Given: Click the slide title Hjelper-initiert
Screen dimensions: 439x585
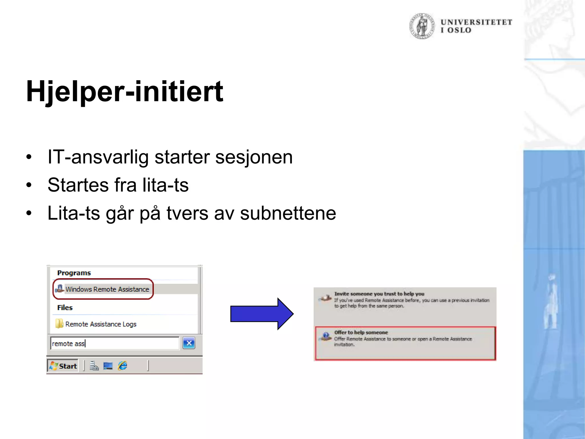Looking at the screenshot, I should tap(125, 91).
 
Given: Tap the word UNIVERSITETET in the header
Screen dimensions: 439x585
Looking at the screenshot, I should tap(476, 22).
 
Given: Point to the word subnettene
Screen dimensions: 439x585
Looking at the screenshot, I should tap(288, 213).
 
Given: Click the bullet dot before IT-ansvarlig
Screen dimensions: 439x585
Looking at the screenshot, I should tap(29, 157).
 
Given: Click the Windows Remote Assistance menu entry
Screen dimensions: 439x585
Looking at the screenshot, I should tap(107, 289).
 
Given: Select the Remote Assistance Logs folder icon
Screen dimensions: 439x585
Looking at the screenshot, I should tap(59, 324).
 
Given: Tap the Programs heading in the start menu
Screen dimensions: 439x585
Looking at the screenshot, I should tap(74, 273).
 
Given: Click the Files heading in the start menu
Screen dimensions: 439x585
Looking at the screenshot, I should tap(65, 308).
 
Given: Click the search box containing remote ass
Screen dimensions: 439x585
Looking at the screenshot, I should tap(115, 343).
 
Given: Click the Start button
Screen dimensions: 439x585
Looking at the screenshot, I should tap(63, 366).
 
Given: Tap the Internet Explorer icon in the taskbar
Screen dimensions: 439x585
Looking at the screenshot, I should tap(123, 366).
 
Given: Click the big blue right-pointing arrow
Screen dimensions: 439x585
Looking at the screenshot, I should tap(261, 314).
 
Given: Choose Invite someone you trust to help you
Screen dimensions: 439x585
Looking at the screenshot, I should tap(379, 294).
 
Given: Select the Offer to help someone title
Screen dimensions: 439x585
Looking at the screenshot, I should tap(361, 332).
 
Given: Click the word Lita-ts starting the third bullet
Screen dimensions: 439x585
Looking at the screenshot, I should tap(73, 213).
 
